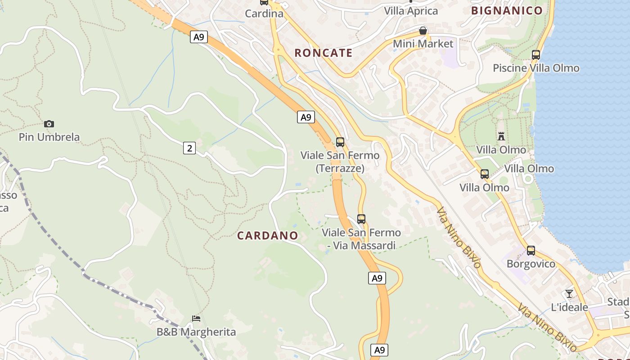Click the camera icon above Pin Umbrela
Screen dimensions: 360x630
click(49, 124)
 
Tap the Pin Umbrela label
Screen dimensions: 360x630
click(49, 137)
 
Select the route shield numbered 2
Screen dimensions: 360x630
click(189, 148)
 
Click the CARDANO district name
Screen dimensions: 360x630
click(267, 235)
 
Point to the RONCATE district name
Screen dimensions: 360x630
click(323, 53)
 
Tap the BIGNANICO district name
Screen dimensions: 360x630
click(506, 11)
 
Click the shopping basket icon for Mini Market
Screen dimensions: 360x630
click(423, 31)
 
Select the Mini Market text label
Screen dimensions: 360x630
click(423, 44)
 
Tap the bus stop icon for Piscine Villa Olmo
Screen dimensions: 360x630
click(535, 55)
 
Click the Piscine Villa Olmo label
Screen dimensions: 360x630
click(535, 68)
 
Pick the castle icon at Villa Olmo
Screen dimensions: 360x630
click(501, 136)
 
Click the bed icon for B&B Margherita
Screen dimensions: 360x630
click(196, 319)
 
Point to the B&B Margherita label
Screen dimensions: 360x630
click(196, 332)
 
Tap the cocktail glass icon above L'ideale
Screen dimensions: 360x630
click(569, 294)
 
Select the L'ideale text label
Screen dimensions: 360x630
click(569, 307)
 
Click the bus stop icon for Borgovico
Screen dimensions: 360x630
click(531, 251)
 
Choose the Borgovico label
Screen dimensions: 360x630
click(531, 264)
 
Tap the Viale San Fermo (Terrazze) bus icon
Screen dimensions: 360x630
click(340, 142)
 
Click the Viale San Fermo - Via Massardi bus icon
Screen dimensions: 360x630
click(361, 219)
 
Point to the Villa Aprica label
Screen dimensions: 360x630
click(411, 11)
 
